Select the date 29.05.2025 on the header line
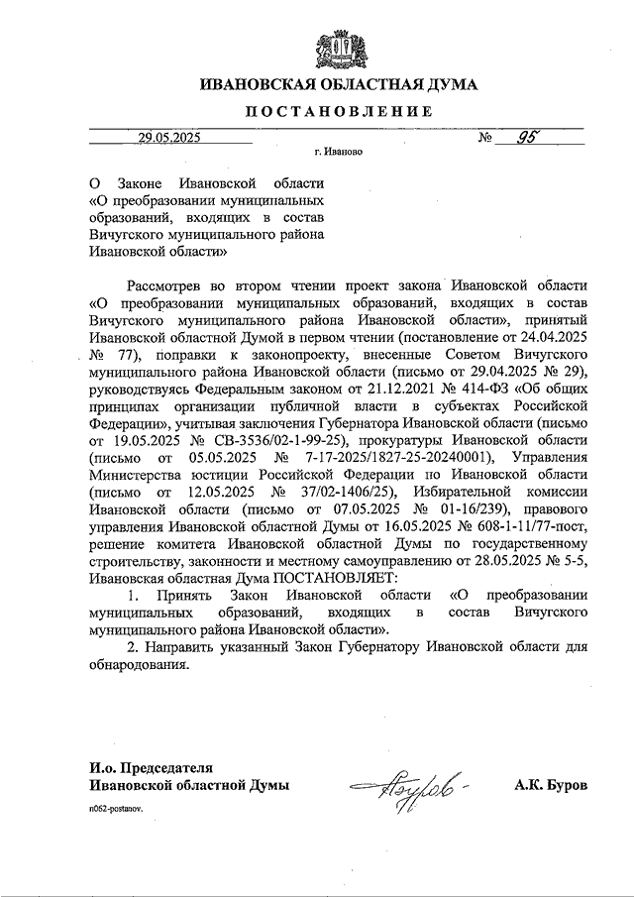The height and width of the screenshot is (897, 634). click(x=169, y=139)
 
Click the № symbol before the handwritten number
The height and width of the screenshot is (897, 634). click(x=486, y=140)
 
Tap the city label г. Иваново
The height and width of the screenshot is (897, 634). click(x=337, y=155)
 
